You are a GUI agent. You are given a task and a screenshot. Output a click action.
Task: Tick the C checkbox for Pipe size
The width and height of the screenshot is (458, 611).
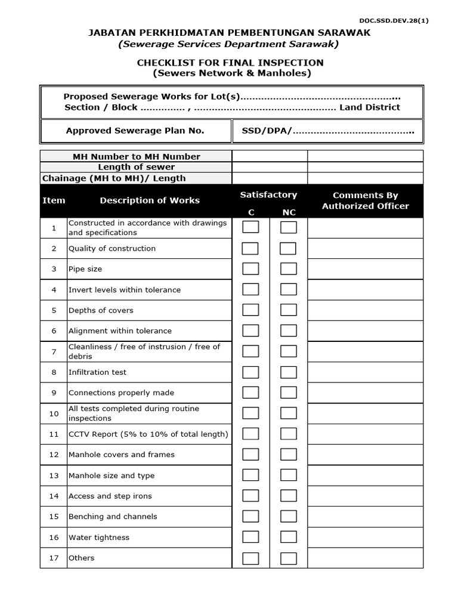click(x=250, y=269)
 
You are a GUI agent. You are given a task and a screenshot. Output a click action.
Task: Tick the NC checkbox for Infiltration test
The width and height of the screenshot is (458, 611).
click(x=289, y=372)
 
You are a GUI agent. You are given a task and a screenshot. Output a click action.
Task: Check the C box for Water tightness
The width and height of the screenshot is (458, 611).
click(x=250, y=538)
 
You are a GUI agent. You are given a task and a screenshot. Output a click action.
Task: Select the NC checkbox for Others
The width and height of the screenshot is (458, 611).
click(x=289, y=558)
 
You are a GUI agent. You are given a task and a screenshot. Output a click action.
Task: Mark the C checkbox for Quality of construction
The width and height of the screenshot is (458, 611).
click(x=250, y=248)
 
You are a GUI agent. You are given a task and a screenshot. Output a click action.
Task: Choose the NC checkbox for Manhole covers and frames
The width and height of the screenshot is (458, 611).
click(x=289, y=455)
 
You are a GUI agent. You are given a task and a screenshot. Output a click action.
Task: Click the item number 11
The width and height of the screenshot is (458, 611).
click(x=54, y=434)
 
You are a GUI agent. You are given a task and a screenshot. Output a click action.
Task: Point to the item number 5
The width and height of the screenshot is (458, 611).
click(x=54, y=310)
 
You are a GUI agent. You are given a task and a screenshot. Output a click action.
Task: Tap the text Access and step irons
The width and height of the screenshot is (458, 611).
click(x=110, y=496)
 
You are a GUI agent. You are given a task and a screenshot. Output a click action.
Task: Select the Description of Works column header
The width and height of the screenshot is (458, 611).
click(x=150, y=200)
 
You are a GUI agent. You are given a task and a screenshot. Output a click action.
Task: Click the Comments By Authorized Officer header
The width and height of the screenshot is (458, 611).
click(x=365, y=200)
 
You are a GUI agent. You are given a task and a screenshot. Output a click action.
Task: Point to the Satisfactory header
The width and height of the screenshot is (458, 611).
click(x=268, y=195)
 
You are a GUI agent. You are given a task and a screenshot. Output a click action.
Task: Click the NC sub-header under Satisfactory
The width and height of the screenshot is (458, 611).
click(x=289, y=212)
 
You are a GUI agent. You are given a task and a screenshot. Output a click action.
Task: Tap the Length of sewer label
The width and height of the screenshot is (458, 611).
click(x=137, y=167)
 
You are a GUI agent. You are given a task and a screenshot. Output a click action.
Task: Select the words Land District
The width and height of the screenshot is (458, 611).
click(x=370, y=107)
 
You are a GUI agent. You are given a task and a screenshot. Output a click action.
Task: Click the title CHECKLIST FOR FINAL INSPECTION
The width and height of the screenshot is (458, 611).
click(x=230, y=63)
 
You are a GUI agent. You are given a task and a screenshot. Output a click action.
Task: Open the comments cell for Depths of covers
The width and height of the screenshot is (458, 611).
click(x=365, y=310)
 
